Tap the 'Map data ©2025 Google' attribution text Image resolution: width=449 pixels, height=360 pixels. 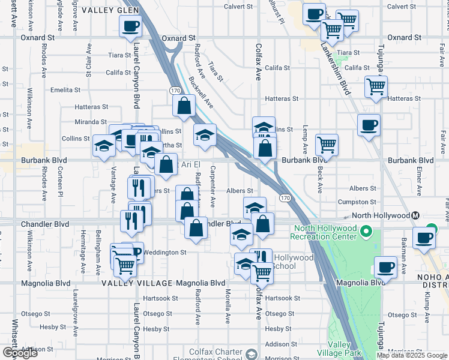412,355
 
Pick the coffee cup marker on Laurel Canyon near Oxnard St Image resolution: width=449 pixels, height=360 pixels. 130,26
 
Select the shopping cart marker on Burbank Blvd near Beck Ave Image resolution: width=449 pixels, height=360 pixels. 327,144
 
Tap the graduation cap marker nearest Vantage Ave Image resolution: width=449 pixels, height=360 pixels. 104,146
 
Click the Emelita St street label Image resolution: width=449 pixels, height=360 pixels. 65,90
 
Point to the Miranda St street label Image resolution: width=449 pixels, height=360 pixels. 91,122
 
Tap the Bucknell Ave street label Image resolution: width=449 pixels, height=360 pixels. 201,91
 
